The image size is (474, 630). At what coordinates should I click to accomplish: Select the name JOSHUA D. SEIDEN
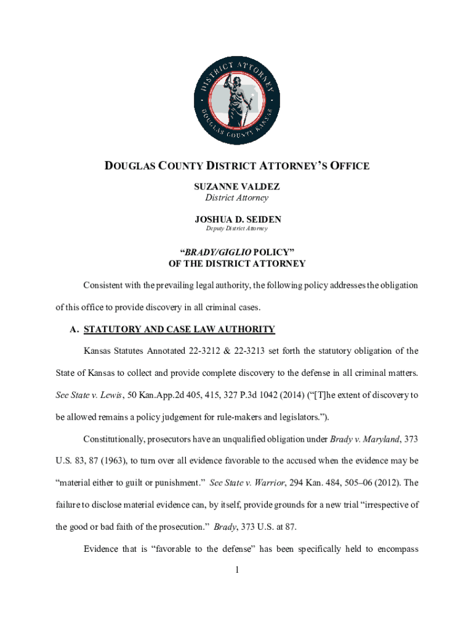pyautogui.click(x=237, y=218)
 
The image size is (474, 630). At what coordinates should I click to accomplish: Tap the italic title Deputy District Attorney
pyautogui.click(x=237, y=229)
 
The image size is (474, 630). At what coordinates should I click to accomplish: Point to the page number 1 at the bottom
pyautogui.click(x=237, y=570)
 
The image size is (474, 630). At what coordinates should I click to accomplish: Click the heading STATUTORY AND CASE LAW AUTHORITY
pyautogui.click(x=179, y=329)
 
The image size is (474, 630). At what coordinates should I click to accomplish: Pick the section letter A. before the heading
pyautogui.click(x=74, y=329)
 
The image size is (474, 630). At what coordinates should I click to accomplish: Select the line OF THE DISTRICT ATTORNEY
pyautogui.click(x=237, y=263)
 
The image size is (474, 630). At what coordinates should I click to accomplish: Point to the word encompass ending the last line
pyautogui.click(x=394, y=549)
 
